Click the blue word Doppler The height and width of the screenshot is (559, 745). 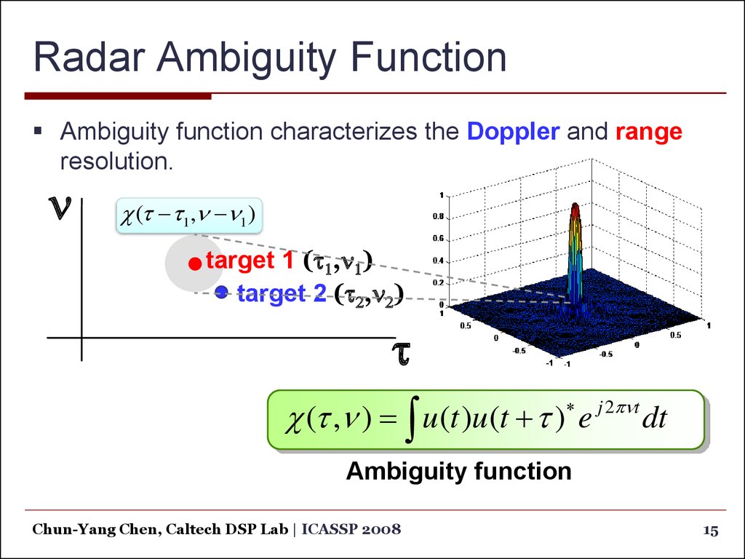[513, 132]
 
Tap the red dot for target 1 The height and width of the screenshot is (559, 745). [195, 263]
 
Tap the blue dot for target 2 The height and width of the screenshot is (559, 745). [221, 292]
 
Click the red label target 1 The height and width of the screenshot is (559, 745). [250, 261]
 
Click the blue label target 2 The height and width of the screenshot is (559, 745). [282, 293]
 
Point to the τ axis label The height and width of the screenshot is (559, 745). [401, 353]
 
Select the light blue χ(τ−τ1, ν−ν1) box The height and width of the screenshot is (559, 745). [189, 215]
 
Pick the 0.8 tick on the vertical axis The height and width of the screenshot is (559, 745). [438, 216]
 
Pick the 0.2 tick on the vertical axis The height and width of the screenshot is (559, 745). [438, 283]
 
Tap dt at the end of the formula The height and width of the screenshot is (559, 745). [656, 418]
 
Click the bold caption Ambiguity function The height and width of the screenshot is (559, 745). [459, 472]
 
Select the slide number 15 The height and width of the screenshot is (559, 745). [711, 531]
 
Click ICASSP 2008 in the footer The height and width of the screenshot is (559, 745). [351, 529]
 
